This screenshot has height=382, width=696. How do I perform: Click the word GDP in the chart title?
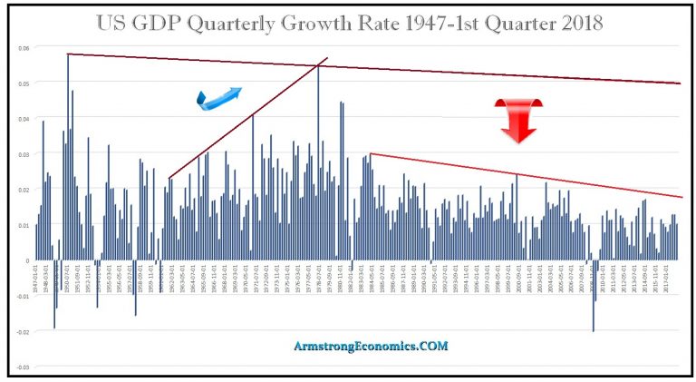(x=198, y=23)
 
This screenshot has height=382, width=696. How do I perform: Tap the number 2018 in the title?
(x=576, y=23)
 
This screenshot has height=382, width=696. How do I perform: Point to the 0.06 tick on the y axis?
(x=24, y=47)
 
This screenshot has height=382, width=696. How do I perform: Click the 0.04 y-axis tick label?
(x=24, y=119)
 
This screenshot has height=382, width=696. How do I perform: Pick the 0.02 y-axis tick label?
(x=24, y=190)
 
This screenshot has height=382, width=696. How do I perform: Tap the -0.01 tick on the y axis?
(x=23, y=297)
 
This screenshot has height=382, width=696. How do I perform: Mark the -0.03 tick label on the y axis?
(x=23, y=367)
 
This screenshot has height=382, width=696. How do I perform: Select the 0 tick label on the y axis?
(x=27, y=261)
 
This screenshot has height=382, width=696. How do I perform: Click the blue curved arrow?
(x=219, y=97)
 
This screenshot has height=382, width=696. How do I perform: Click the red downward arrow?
(x=517, y=120)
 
